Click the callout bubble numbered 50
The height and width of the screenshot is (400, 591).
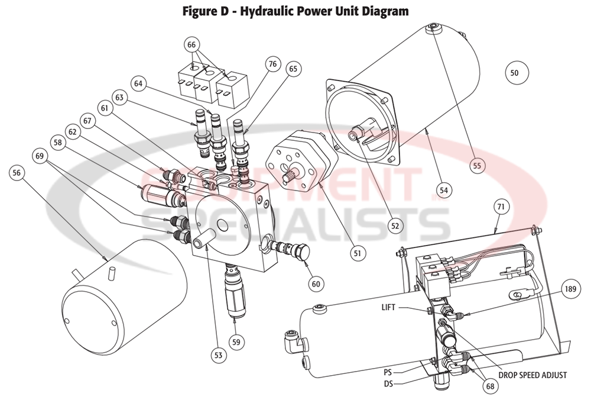pos(514,73)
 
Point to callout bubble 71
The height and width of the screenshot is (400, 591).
pos(500,207)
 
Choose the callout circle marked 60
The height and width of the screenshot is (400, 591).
pos(316,283)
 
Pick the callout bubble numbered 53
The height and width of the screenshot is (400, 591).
pos(218,355)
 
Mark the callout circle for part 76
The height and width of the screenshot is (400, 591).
pos(271,64)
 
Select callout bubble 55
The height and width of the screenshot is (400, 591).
pos(477,165)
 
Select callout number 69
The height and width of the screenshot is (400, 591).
pos(41,157)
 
